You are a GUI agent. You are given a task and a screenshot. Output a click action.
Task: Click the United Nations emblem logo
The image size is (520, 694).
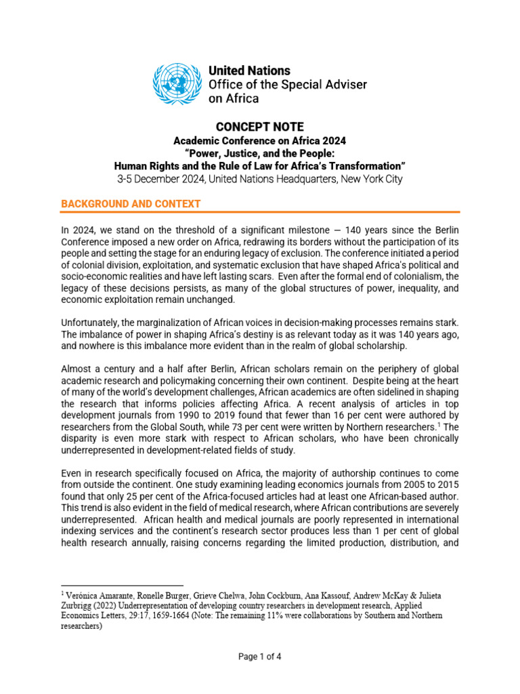[177, 84]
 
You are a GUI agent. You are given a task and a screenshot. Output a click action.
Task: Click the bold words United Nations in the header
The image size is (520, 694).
[249, 70]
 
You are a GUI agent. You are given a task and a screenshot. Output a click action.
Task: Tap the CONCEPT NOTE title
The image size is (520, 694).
[259, 127]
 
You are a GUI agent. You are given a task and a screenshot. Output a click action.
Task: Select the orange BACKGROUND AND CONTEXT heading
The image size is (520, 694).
[131, 204]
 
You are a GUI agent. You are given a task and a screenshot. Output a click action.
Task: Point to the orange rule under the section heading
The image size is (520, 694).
[260, 213]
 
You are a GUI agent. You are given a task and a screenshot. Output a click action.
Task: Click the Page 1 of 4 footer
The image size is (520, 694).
[259, 656]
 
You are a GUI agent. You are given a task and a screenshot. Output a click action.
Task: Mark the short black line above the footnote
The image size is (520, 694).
[122, 585]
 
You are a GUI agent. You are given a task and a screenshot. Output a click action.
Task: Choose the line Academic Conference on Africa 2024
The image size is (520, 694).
[259, 141]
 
